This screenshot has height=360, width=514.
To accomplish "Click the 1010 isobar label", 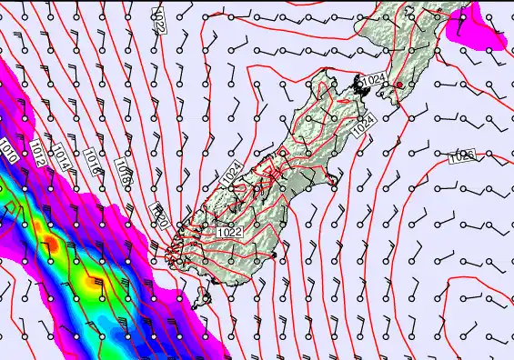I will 8,150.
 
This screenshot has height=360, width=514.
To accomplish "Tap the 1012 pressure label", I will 36,153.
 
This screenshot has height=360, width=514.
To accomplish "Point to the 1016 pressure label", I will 91,160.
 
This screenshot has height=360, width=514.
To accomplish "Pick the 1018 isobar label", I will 124,173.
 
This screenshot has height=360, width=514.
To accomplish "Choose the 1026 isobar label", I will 462,157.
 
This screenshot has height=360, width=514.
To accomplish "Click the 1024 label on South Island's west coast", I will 232,171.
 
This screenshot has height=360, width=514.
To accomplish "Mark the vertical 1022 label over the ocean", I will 158,19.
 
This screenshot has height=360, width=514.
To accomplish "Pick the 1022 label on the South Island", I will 229,232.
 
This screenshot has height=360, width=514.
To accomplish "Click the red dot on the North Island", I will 398,85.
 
